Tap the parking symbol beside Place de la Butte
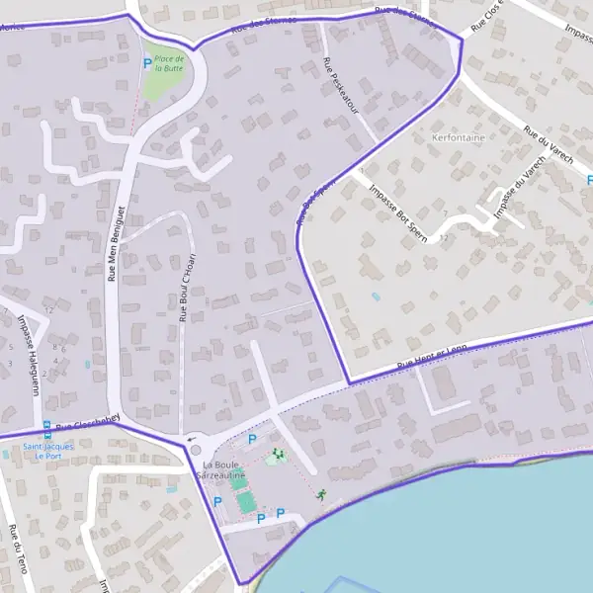[147, 63]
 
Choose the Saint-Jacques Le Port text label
[47, 451]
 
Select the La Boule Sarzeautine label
[223, 469]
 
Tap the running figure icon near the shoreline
[321, 493]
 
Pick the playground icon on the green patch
[276, 455]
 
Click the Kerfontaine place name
[459, 138]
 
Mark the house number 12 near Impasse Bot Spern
[444, 237]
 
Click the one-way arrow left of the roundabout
[190, 439]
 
